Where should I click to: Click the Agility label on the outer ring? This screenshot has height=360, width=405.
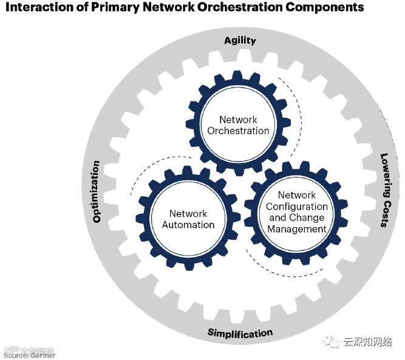(240, 41)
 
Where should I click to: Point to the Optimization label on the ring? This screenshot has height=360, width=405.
(97, 191)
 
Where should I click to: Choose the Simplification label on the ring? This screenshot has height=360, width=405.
(240, 333)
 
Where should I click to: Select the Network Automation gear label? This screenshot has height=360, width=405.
(188, 219)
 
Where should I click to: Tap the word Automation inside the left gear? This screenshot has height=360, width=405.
(188, 225)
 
